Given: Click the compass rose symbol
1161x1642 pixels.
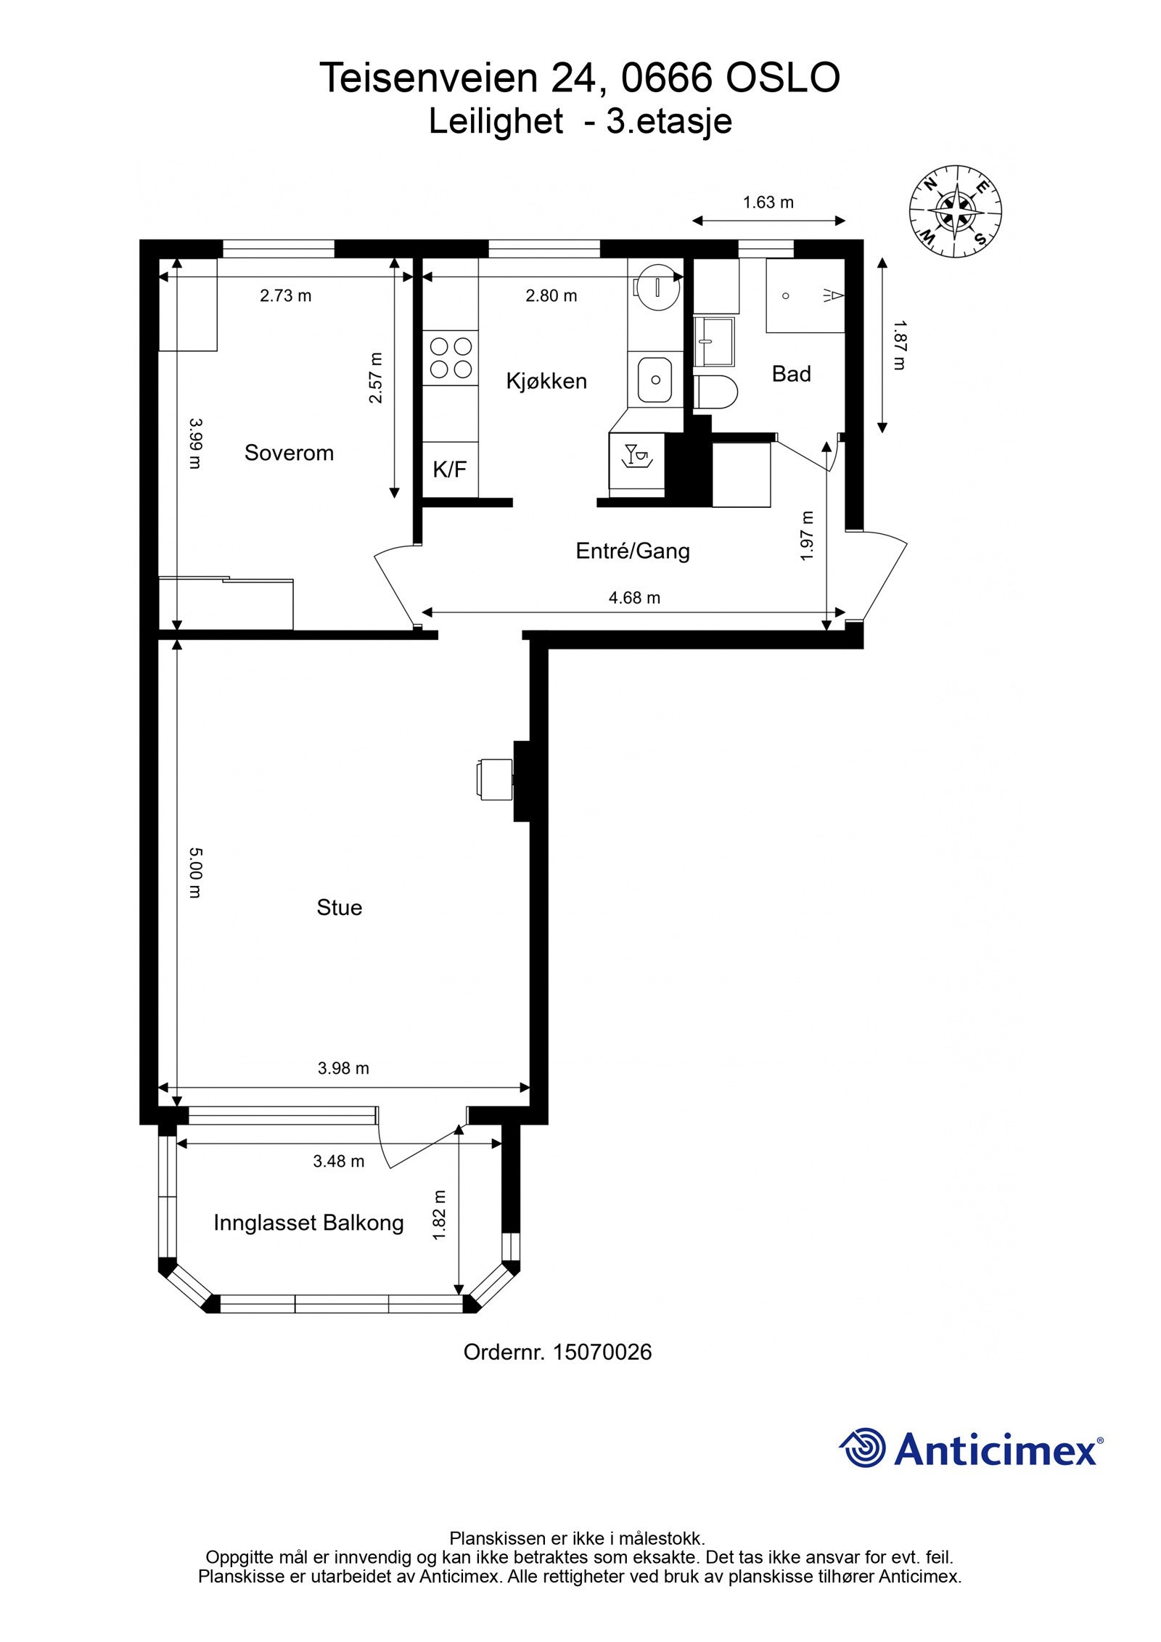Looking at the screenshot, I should [956, 212].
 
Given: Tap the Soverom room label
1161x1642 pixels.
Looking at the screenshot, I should [289, 453].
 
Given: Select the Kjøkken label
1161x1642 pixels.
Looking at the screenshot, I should [546, 381].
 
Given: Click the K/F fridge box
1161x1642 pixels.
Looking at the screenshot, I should [450, 469].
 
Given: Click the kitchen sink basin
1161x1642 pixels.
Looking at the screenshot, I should [655, 379].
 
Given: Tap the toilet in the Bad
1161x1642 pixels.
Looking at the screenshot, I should [715, 393].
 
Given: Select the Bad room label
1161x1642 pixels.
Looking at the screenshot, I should [791, 374].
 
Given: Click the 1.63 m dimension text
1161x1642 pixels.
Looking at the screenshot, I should [768, 202].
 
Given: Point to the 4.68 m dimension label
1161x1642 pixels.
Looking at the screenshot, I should [634, 598].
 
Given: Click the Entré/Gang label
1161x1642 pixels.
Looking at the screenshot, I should [632, 551].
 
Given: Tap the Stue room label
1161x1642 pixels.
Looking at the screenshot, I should [339, 908].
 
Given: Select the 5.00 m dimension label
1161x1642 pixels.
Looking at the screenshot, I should [194, 873].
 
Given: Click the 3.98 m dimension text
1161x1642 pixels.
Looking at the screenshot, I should [343, 1067].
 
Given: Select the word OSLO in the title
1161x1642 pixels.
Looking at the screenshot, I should [783, 78].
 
